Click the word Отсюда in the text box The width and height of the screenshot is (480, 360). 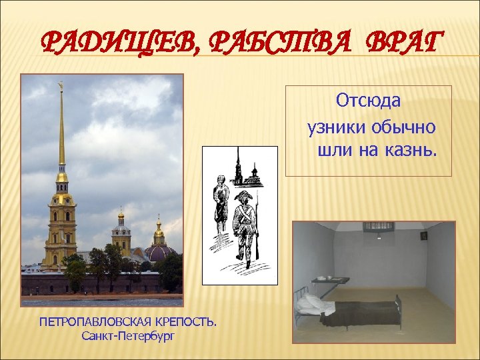coord(369,101)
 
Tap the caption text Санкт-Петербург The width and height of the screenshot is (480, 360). coord(128,335)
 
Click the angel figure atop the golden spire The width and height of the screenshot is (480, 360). coord(61,85)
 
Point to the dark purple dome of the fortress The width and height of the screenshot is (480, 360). coord(161,253)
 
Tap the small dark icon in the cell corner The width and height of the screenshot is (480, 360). coord(423,235)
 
